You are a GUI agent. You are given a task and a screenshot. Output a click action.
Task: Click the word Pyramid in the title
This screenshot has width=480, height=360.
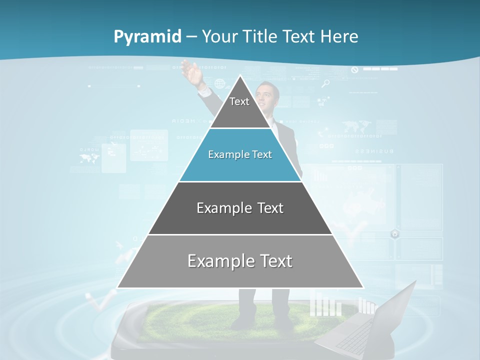[147, 37]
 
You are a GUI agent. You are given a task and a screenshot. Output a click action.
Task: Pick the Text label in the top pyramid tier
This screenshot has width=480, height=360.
[239, 101]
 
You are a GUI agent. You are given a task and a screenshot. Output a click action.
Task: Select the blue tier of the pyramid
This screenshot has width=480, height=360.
[240, 162]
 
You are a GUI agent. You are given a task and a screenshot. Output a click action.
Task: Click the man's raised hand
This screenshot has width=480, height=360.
[192, 73]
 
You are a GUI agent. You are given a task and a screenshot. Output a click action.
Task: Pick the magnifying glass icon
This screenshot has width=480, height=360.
[326, 83]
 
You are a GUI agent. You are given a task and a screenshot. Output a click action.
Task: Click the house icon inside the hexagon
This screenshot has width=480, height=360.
[395, 233]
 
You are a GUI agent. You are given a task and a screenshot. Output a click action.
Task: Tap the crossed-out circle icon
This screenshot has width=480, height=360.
[355, 70]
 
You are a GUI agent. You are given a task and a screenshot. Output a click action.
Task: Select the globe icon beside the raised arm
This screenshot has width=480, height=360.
[219, 83]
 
